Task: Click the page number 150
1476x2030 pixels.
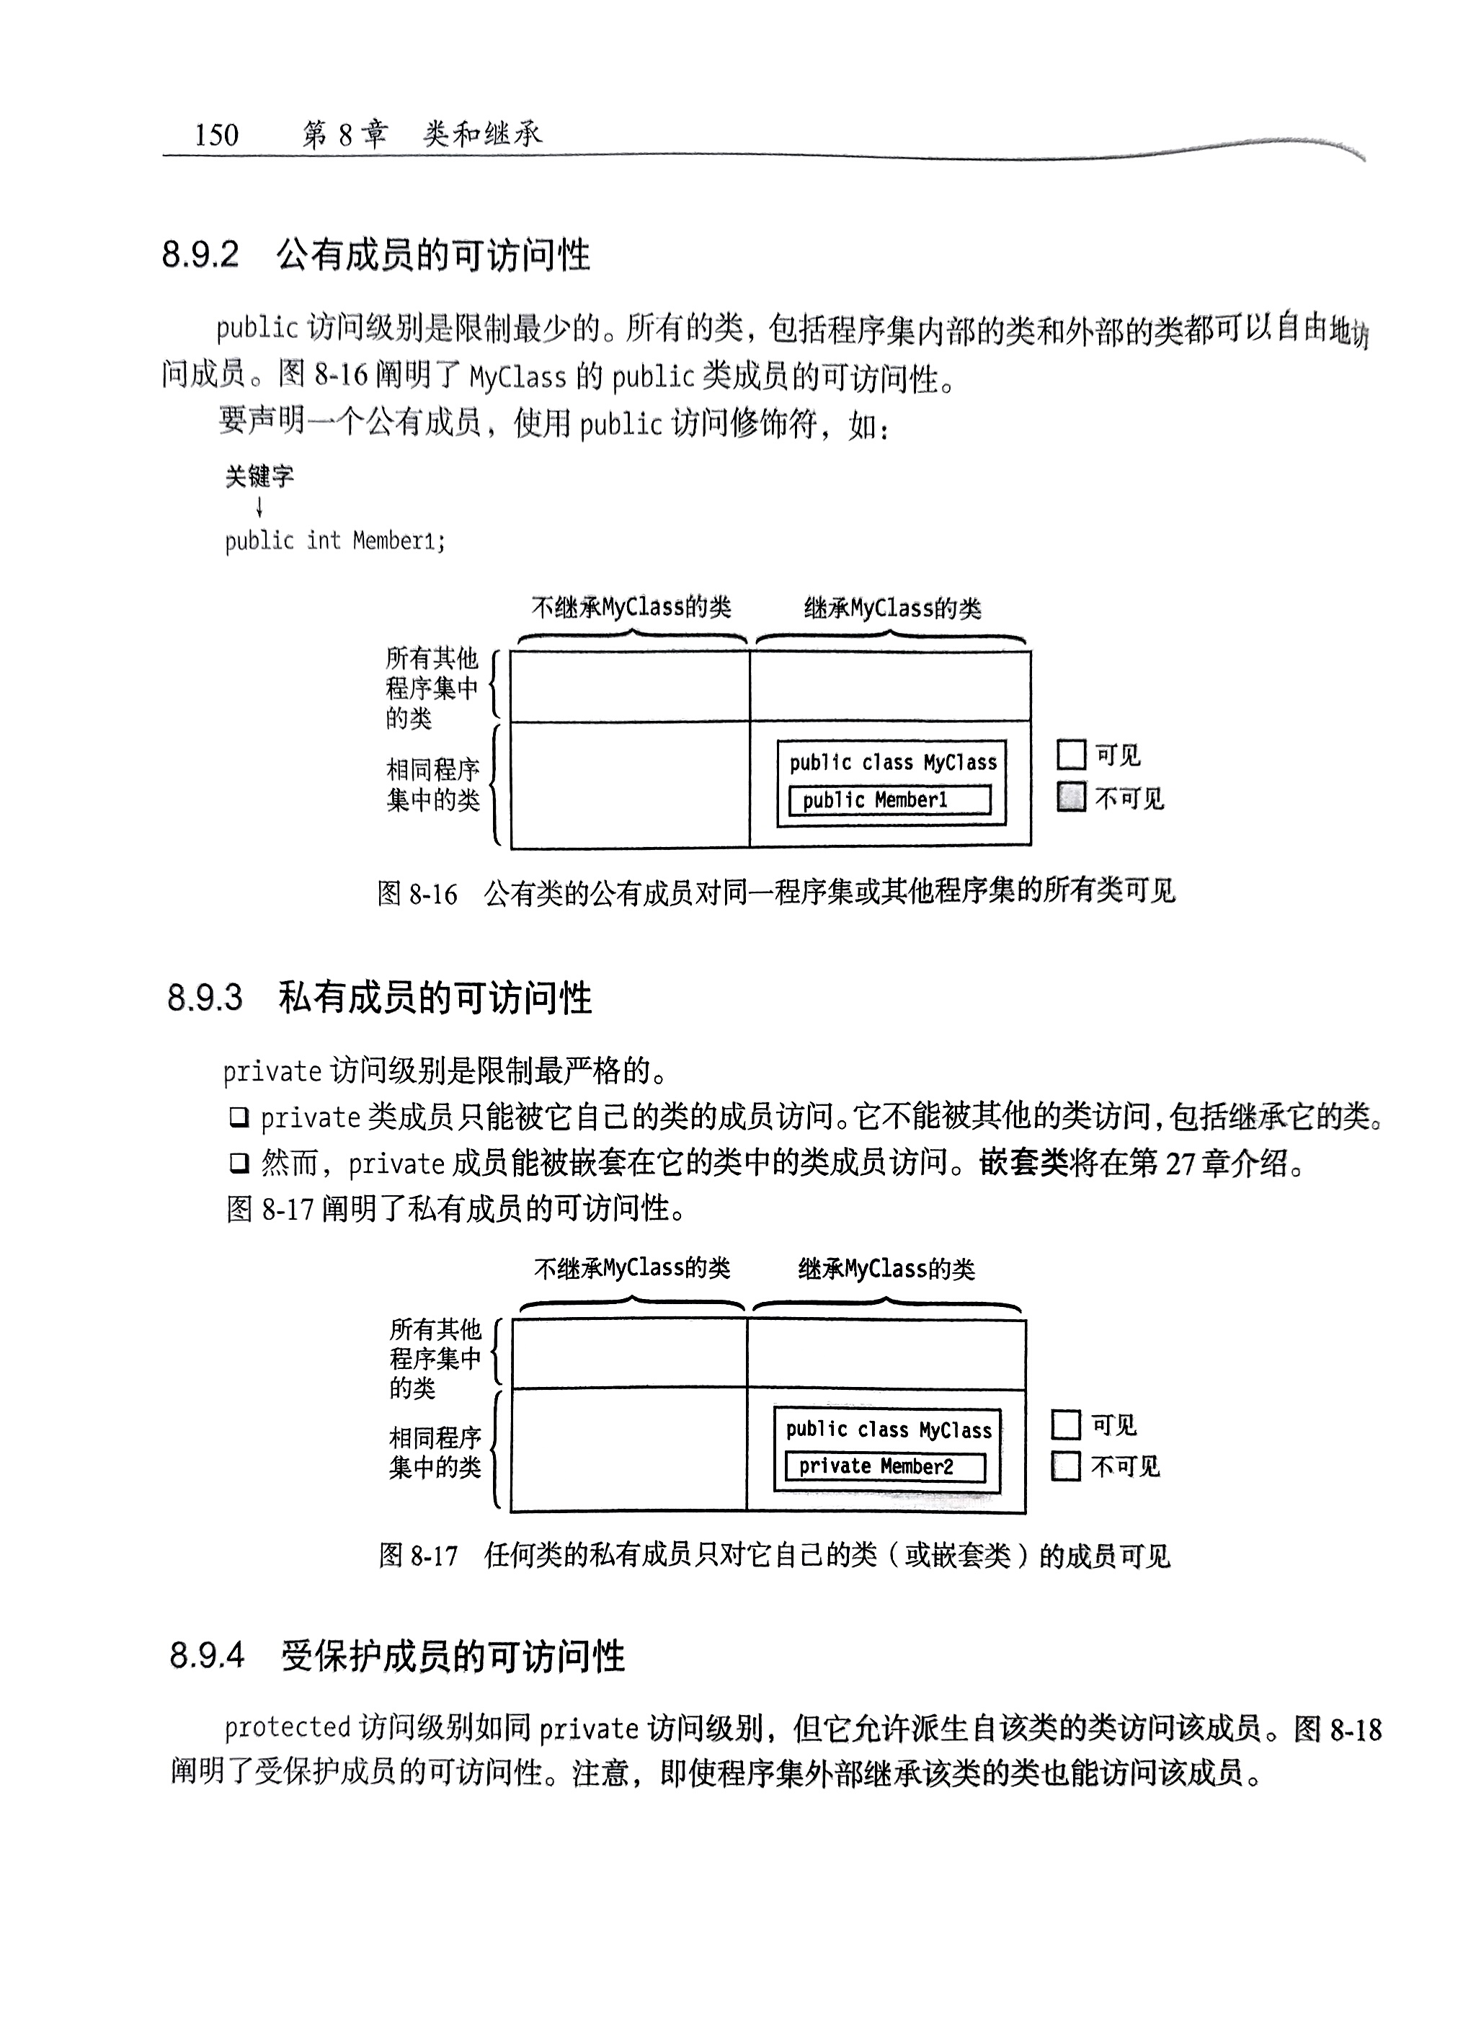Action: coord(217,134)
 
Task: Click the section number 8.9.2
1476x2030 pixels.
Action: coord(200,255)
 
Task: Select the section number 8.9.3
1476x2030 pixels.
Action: coord(205,997)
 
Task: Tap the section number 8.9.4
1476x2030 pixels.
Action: coord(207,1655)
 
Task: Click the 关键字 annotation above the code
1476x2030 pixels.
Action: coord(259,477)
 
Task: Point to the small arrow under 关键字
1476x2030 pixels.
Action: coord(259,507)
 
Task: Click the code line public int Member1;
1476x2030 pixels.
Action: coord(334,541)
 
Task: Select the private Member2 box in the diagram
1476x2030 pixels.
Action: coord(884,1466)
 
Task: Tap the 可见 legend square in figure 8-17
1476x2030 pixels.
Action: coord(1065,1424)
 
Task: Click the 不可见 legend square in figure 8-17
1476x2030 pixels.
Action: coord(1065,1466)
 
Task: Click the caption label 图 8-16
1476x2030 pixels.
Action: coord(417,893)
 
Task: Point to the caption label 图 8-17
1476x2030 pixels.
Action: coord(418,1556)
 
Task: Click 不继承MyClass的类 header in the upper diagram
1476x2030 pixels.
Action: coord(631,608)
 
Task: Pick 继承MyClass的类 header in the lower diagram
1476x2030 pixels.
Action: coord(886,1268)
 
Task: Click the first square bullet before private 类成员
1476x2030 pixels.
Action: coord(238,1117)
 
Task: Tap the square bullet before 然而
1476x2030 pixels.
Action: coord(238,1163)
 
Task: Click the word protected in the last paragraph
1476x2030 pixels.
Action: coord(286,1727)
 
